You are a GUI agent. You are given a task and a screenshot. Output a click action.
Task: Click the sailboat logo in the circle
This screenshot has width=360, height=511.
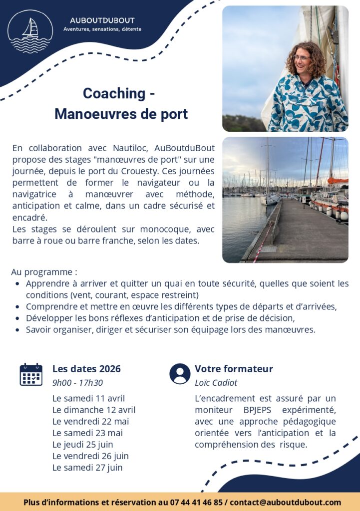pyautogui.click(x=30, y=31)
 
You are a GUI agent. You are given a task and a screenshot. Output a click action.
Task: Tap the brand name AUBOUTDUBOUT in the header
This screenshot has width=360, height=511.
pyautogui.click(x=102, y=20)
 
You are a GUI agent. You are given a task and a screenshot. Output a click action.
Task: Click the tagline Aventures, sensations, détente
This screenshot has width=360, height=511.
pyautogui.click(x=102, y=29)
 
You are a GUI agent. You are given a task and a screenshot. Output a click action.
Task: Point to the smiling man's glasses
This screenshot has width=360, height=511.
pyautogui.click(x=301, y=58)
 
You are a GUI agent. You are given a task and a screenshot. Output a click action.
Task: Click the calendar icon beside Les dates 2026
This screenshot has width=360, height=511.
pyautogui.click(x=31, y=375)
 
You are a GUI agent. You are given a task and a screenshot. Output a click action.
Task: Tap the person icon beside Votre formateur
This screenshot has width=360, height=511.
pyautogui.click(x=180, y=374)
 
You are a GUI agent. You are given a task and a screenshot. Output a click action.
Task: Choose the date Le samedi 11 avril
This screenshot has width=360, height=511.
pyautogui.click(x=88, y=398)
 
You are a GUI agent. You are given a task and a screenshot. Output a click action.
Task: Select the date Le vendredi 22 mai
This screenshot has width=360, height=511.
pyautogui.click(x=90, y=421)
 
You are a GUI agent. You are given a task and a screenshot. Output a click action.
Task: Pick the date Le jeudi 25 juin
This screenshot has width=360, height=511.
pyautogui.click(x=82, y=444)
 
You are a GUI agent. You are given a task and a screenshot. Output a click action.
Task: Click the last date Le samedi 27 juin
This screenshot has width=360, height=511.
pyautogui.click(x=87, y=468)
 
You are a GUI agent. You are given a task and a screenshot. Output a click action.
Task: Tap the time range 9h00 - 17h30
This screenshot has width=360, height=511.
pyautogui.click(x=77, y=383)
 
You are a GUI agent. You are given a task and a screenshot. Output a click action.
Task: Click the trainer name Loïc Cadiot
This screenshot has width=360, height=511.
pyautogui.click(x=216, y=383)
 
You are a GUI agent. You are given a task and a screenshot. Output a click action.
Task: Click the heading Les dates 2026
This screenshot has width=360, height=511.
pyautogui.click(x=86, y=369)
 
